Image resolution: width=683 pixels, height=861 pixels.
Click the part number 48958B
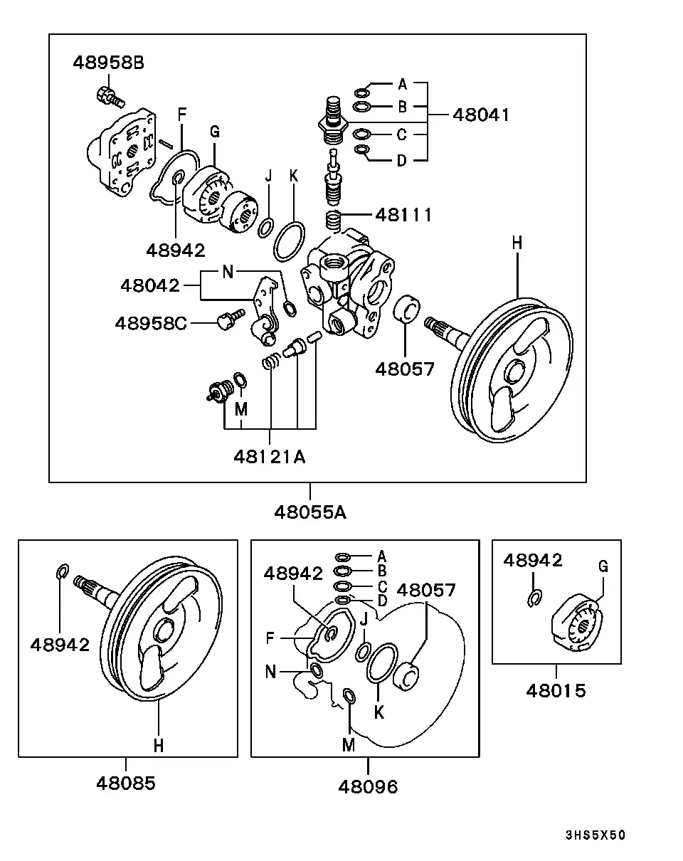[x=108, y=63]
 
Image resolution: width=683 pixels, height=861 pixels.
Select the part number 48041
[x=481, y=115]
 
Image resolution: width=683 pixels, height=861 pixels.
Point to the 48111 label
[x=403, y=215]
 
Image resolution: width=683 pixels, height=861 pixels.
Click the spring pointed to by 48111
[x=333, y=221]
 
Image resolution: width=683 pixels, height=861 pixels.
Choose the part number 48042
[x=150, y=285]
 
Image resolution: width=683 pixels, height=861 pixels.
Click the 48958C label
[x=151, y=323]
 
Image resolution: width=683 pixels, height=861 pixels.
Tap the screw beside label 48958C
[x=231, y=319]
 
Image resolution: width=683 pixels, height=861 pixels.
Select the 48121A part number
[x=270, y=457]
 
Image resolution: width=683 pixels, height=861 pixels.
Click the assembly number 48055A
[x=310, y=512]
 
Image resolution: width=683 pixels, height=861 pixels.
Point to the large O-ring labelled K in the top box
[x=289, y=241]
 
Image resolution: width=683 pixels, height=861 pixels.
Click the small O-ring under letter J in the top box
[x=265, y=228]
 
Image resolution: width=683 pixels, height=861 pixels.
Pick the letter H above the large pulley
[x=517, y=243]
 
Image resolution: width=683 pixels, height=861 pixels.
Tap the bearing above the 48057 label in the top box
[x=406, y=309]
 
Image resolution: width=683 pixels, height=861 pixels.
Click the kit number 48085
[x=126, y=783]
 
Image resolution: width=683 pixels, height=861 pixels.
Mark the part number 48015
[x=556, y=691]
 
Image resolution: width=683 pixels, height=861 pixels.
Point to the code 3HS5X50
[x=595, y=835]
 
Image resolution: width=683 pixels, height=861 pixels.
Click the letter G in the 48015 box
[x=603, y=566]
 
